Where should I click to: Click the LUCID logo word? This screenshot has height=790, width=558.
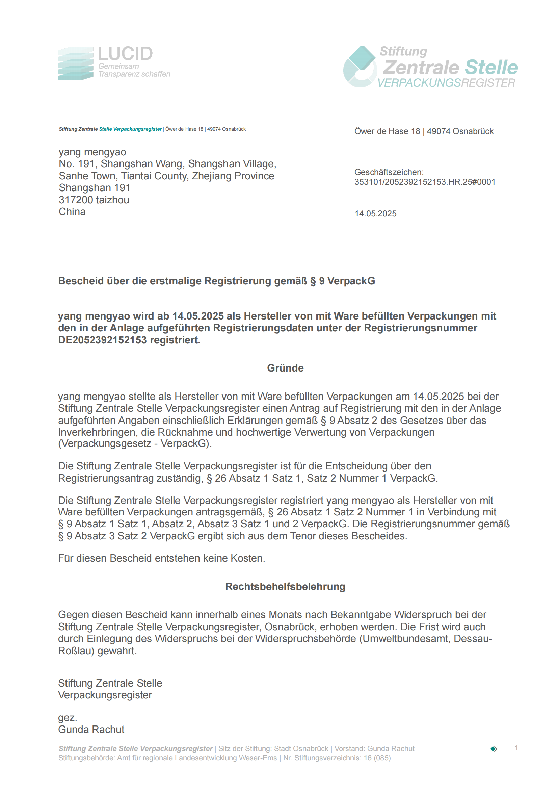click(125, 54)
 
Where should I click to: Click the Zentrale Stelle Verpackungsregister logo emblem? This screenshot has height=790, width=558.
click(360, 67)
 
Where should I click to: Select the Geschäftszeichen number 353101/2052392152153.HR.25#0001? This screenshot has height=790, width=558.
click(425, 182)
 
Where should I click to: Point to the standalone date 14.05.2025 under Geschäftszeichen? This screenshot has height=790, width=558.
click(375, 214)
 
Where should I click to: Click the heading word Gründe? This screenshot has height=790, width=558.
click(285, 368)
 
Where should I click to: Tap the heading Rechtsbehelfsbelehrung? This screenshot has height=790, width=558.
click(285, 587)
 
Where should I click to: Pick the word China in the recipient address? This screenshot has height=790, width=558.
click(72, 212)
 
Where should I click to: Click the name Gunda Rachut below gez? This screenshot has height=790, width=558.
click(91, 730)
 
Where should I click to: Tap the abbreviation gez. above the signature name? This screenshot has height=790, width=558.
click(68, 718)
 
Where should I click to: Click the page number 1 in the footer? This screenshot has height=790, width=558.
click(516, 748)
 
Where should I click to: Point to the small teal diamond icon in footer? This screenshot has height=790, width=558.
click(494, 749)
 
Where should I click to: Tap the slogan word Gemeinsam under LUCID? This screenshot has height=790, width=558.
click(118, 67)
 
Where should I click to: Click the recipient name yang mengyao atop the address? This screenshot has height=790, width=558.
click(92, 152)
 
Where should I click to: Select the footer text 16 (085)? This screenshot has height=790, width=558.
click(377, 758)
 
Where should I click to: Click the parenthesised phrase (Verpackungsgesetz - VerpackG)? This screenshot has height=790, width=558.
click(135, 444)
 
